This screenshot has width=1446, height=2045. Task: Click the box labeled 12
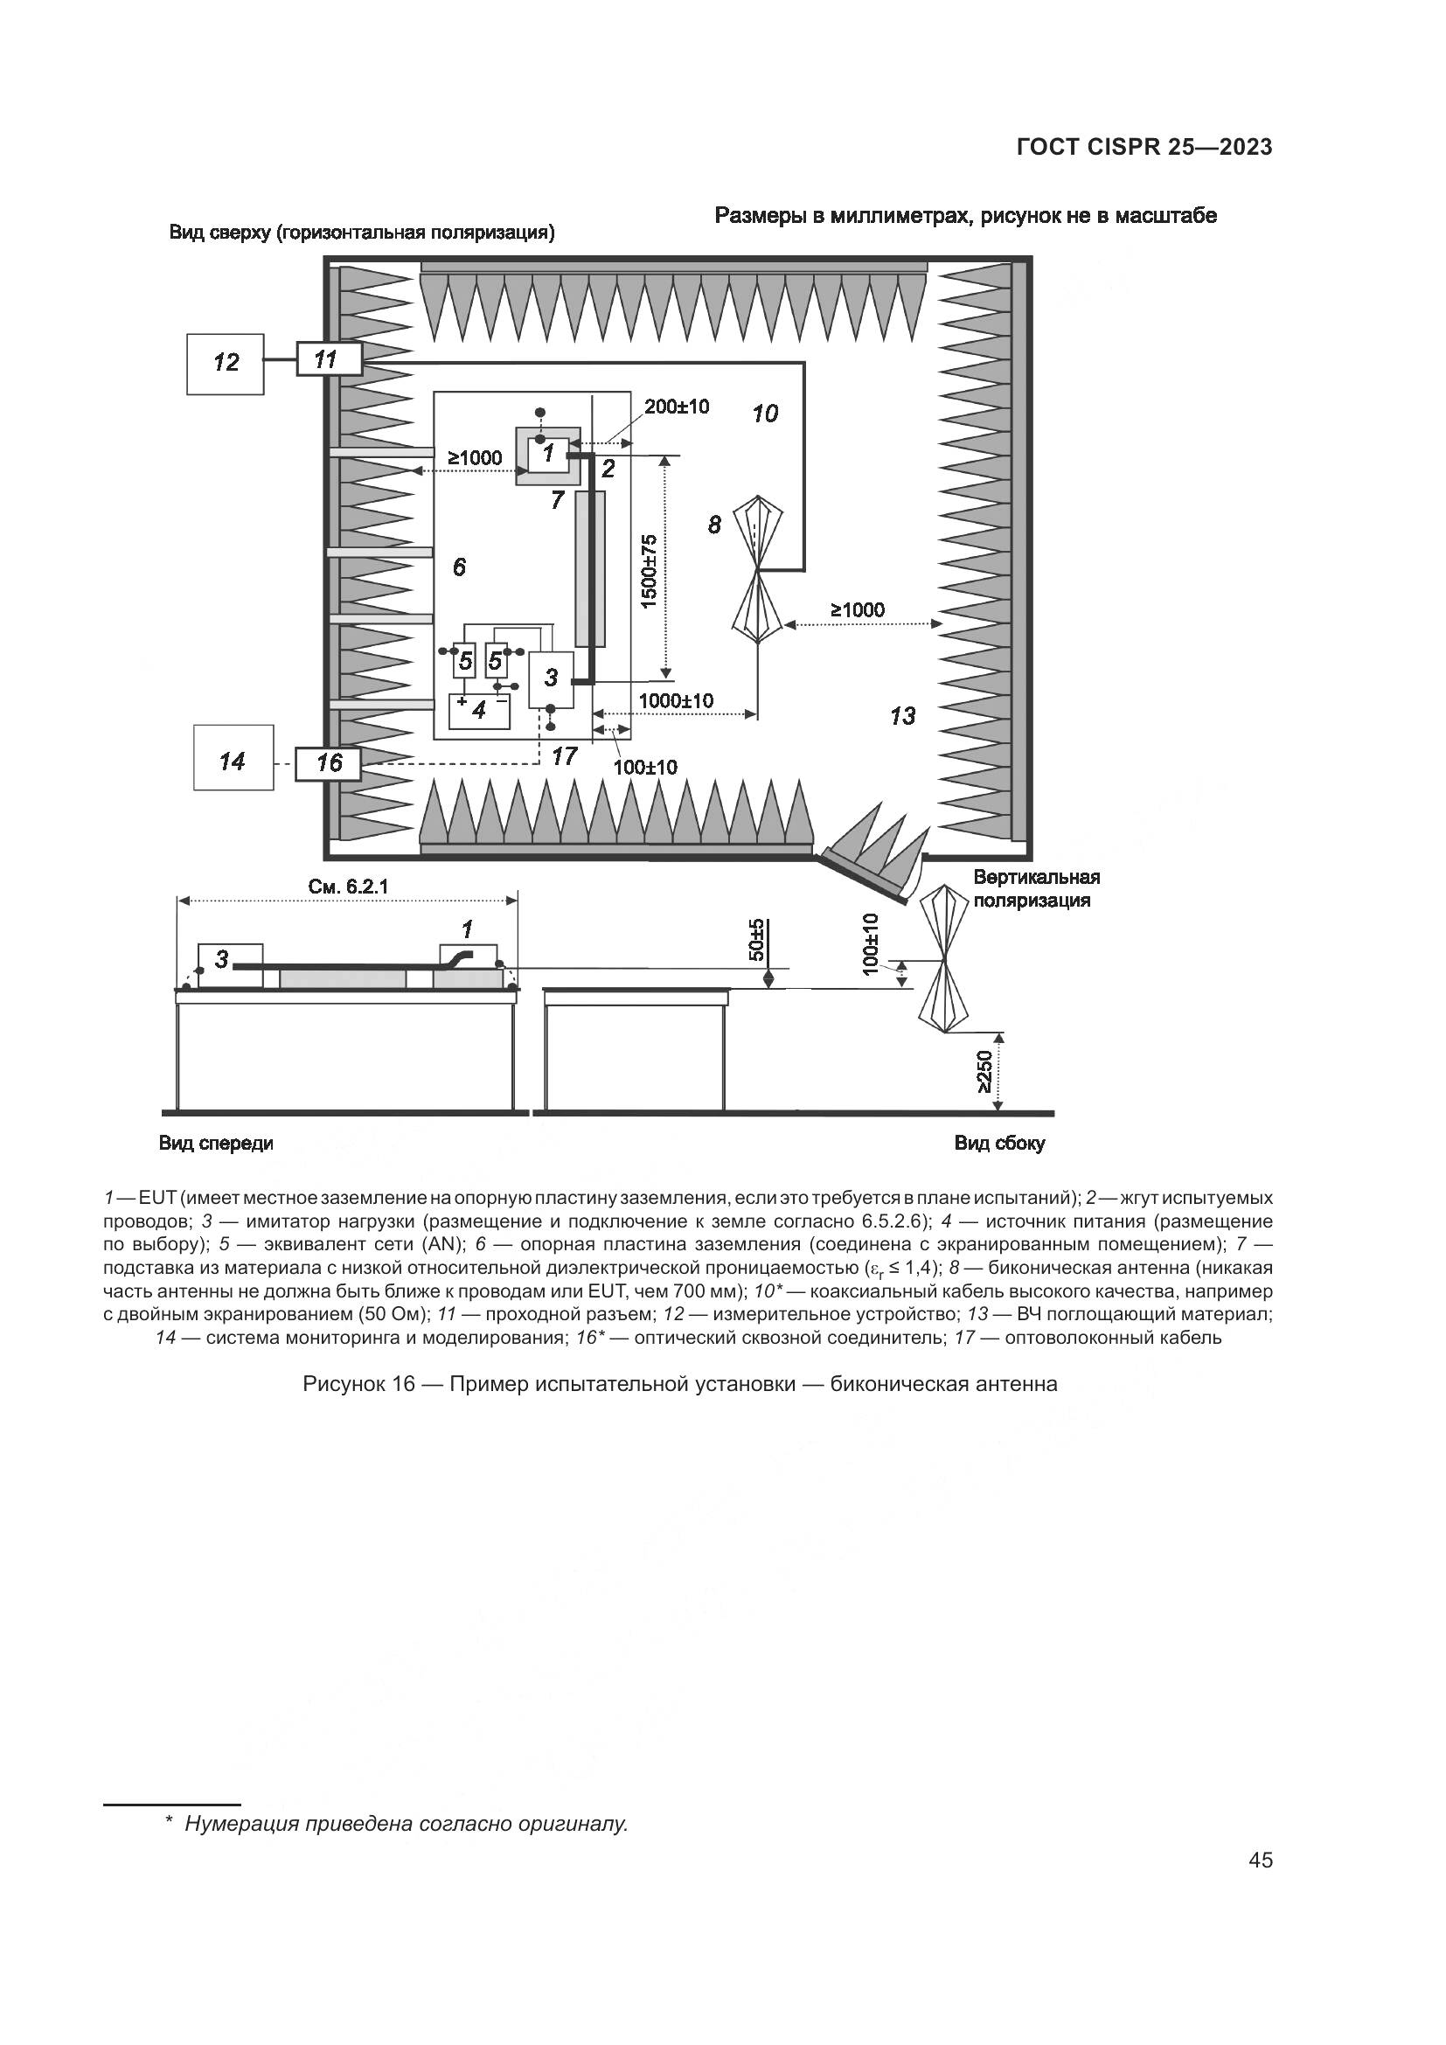point(226,364)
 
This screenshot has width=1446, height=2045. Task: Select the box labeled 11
point(329,359)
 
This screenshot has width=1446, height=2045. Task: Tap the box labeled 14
point(233,760)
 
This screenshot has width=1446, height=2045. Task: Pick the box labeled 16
point(329,763)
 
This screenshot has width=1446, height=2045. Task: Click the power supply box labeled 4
point(479,711)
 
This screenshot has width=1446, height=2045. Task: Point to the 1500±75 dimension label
point(649,571)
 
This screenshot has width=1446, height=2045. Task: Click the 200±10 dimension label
point(677,407)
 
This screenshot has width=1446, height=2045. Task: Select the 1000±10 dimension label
point(676,701)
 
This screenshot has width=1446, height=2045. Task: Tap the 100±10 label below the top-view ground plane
point(645,767)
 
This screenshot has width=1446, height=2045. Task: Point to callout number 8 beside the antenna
point(714,525)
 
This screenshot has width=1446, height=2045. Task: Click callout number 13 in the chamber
point(902,715)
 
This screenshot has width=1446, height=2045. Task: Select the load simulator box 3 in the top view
point(551,678)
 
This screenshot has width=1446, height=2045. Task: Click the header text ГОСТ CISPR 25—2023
point(1144,147)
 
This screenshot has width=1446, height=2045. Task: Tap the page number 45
point(1261,1861)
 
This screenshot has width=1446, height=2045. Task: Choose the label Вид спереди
point(216,1143)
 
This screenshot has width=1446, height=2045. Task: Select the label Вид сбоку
point(999,1143)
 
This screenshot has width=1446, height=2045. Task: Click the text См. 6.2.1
point(348,887)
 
